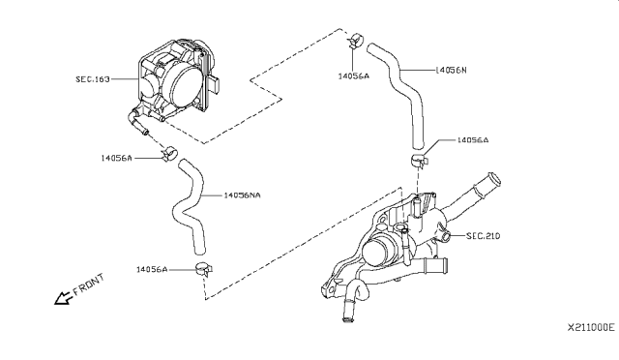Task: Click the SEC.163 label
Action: tap(93, 79)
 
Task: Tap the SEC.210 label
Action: tap(484, 236)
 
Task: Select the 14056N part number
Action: tap(451, 70)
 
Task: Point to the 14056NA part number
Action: tap(242, 195)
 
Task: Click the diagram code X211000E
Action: tap(591, 327)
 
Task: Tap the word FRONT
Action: tap(89, 285)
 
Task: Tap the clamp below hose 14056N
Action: tap(419, 161)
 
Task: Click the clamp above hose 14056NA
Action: tap(170, 153)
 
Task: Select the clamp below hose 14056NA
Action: tap(204, 269)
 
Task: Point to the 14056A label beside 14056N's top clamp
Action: tap(353, 75)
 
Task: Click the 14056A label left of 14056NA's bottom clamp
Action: tap(152, 269)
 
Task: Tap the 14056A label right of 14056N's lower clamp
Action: tap(473, 140)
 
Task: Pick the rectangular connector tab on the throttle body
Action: tap(215, 83)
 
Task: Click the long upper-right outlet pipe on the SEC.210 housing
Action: tap(471, 195)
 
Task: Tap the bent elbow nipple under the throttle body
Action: tap(136, 122)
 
